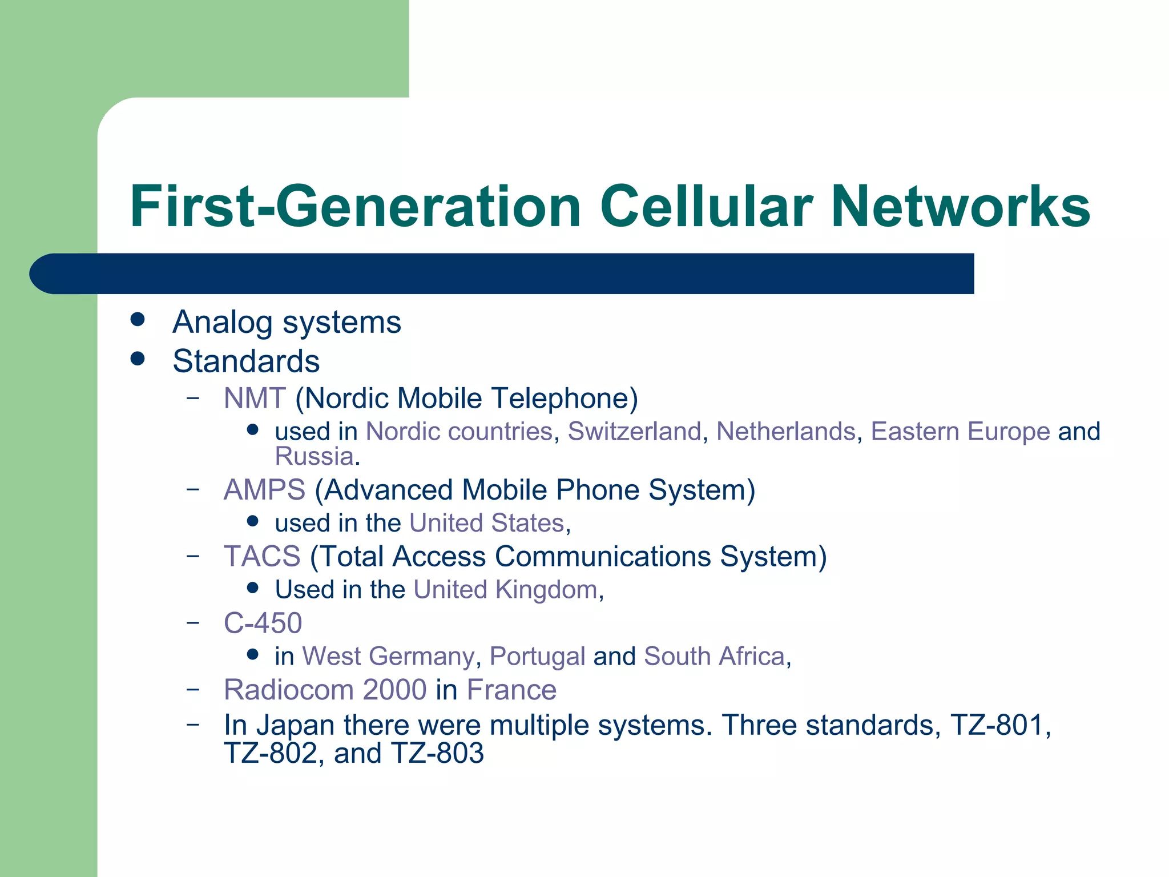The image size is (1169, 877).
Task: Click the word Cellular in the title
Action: pos(706,207)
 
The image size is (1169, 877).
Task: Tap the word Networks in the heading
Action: pos(960,207)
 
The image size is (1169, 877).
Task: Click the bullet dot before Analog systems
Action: pos(137,320)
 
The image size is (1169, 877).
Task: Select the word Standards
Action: pos(246,361)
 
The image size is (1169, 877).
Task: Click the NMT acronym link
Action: pos(255,398)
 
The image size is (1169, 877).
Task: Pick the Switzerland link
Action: pos(634,431)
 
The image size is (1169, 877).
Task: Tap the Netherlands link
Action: pos(786,431)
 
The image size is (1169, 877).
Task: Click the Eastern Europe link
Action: pos(960,431)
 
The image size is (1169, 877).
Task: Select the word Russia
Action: pos(314,456)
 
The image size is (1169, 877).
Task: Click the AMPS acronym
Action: pos(264,490)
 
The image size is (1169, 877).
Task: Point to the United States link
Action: pos(487,523)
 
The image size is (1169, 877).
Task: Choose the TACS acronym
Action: pos(262,556)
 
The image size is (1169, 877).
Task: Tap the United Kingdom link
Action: pos(505,590)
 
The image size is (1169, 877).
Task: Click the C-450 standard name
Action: pos(263,623)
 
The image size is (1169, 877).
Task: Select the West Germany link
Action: pos(388,657)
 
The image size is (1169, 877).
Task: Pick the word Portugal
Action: pos(537,657)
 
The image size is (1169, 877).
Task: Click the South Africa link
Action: pos(714,657)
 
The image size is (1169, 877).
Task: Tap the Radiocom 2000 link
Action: pos(325,690)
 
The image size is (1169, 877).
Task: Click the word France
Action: pos(511,690)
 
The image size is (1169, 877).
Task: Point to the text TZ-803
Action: pos(438,753)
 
